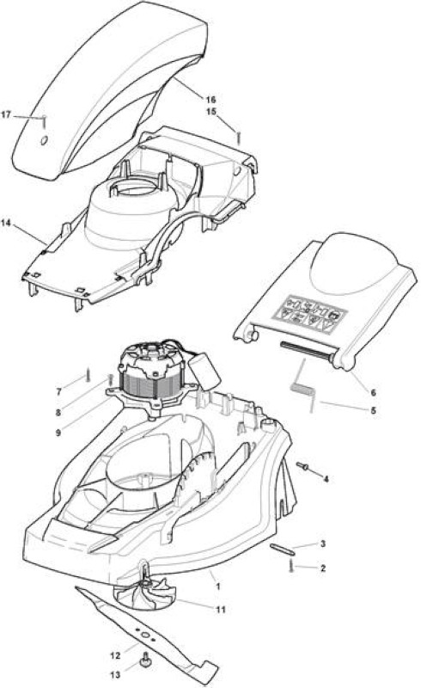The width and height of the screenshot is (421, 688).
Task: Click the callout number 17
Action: (x=6, y=115)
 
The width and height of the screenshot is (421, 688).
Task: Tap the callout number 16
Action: (x=211, y=100)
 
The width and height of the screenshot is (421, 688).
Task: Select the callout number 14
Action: (x=6, y=223)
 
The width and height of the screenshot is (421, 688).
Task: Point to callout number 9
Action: (x=58, y=433)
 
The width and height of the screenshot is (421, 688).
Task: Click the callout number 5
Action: (x=373, y=411)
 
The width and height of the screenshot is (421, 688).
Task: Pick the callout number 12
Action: (x=115, y=656)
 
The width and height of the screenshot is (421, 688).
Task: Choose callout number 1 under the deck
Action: (x=218, y=587)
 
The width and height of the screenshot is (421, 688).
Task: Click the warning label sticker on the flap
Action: (x=310, y=313)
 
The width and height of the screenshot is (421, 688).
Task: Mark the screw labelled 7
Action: (x=88, y=374)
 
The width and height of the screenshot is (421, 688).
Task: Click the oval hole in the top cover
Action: (x=44, y=140)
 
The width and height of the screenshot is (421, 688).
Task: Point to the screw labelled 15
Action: (x=238, y=137)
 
